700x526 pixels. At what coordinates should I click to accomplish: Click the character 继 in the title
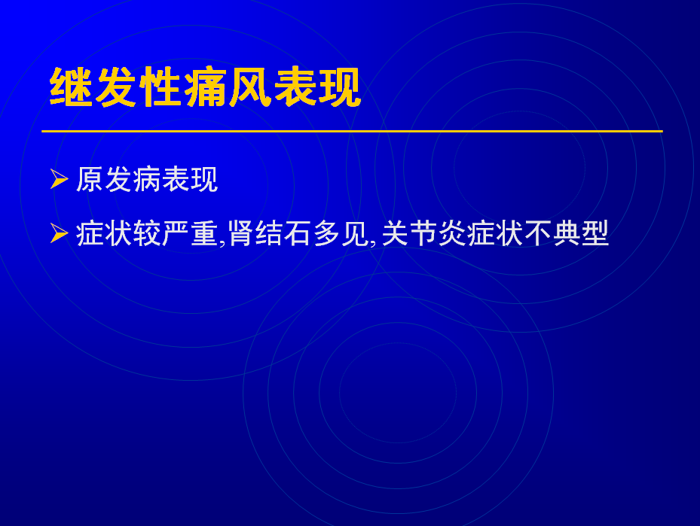click(x=72, y=87)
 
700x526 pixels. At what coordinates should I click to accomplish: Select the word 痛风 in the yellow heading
click(x=228, y=87)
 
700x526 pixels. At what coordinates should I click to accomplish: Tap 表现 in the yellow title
click(x=317, y=87)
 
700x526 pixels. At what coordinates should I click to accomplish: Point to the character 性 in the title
click(x=160, y=87)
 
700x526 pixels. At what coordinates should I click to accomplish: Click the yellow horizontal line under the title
click(x=352, y=131)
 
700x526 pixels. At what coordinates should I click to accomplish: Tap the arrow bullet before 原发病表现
click(x=59, y=179)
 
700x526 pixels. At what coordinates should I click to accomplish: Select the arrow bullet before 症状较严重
click(x=59, y=233)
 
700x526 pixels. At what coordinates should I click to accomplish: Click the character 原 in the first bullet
click(x=90, y=180)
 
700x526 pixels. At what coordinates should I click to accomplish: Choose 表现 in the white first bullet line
click(x=190, y=180)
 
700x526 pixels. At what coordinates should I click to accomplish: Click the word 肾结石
click(x=270, y=233)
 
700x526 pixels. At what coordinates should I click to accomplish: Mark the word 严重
click(x=190, y=233)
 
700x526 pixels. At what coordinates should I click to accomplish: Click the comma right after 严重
click(x=222, y=242)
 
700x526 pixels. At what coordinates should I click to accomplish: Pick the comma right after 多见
click(x=373, y=242)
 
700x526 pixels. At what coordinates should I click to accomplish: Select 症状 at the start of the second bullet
click(x=104, y=233)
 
